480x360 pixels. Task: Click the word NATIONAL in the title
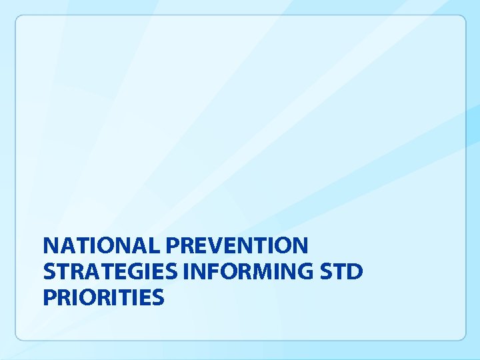(x=101, y=246)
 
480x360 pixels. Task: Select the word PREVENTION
(x=237, y=246)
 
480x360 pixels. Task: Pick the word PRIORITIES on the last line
(x=103, y=297)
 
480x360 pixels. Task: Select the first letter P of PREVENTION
(x=173, y=246)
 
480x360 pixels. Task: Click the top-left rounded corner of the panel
(x=19, y=19)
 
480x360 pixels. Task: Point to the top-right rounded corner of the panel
(x=462, y=19)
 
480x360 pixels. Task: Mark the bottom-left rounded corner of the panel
(x=19, y=337)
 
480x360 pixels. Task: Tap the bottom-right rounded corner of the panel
(x=462, y=337)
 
